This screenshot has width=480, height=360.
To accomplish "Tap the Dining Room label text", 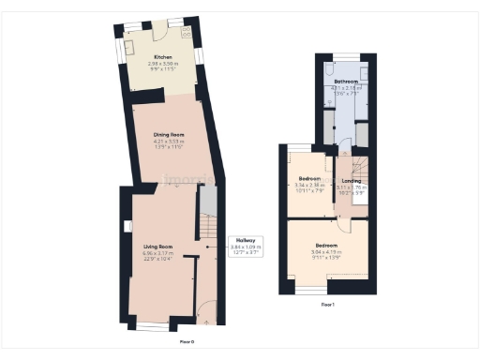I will pos(169,135).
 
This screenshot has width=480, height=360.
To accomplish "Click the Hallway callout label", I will pos(246,241).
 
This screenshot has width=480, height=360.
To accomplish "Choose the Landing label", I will pos(352,181).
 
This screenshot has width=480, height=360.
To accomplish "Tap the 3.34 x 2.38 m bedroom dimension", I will pos(309,185).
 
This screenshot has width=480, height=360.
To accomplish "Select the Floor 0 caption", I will pos(186,341).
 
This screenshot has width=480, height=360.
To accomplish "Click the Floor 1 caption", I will pos(327,305).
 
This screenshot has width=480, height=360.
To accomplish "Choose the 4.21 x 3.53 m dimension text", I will pos(169,142).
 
